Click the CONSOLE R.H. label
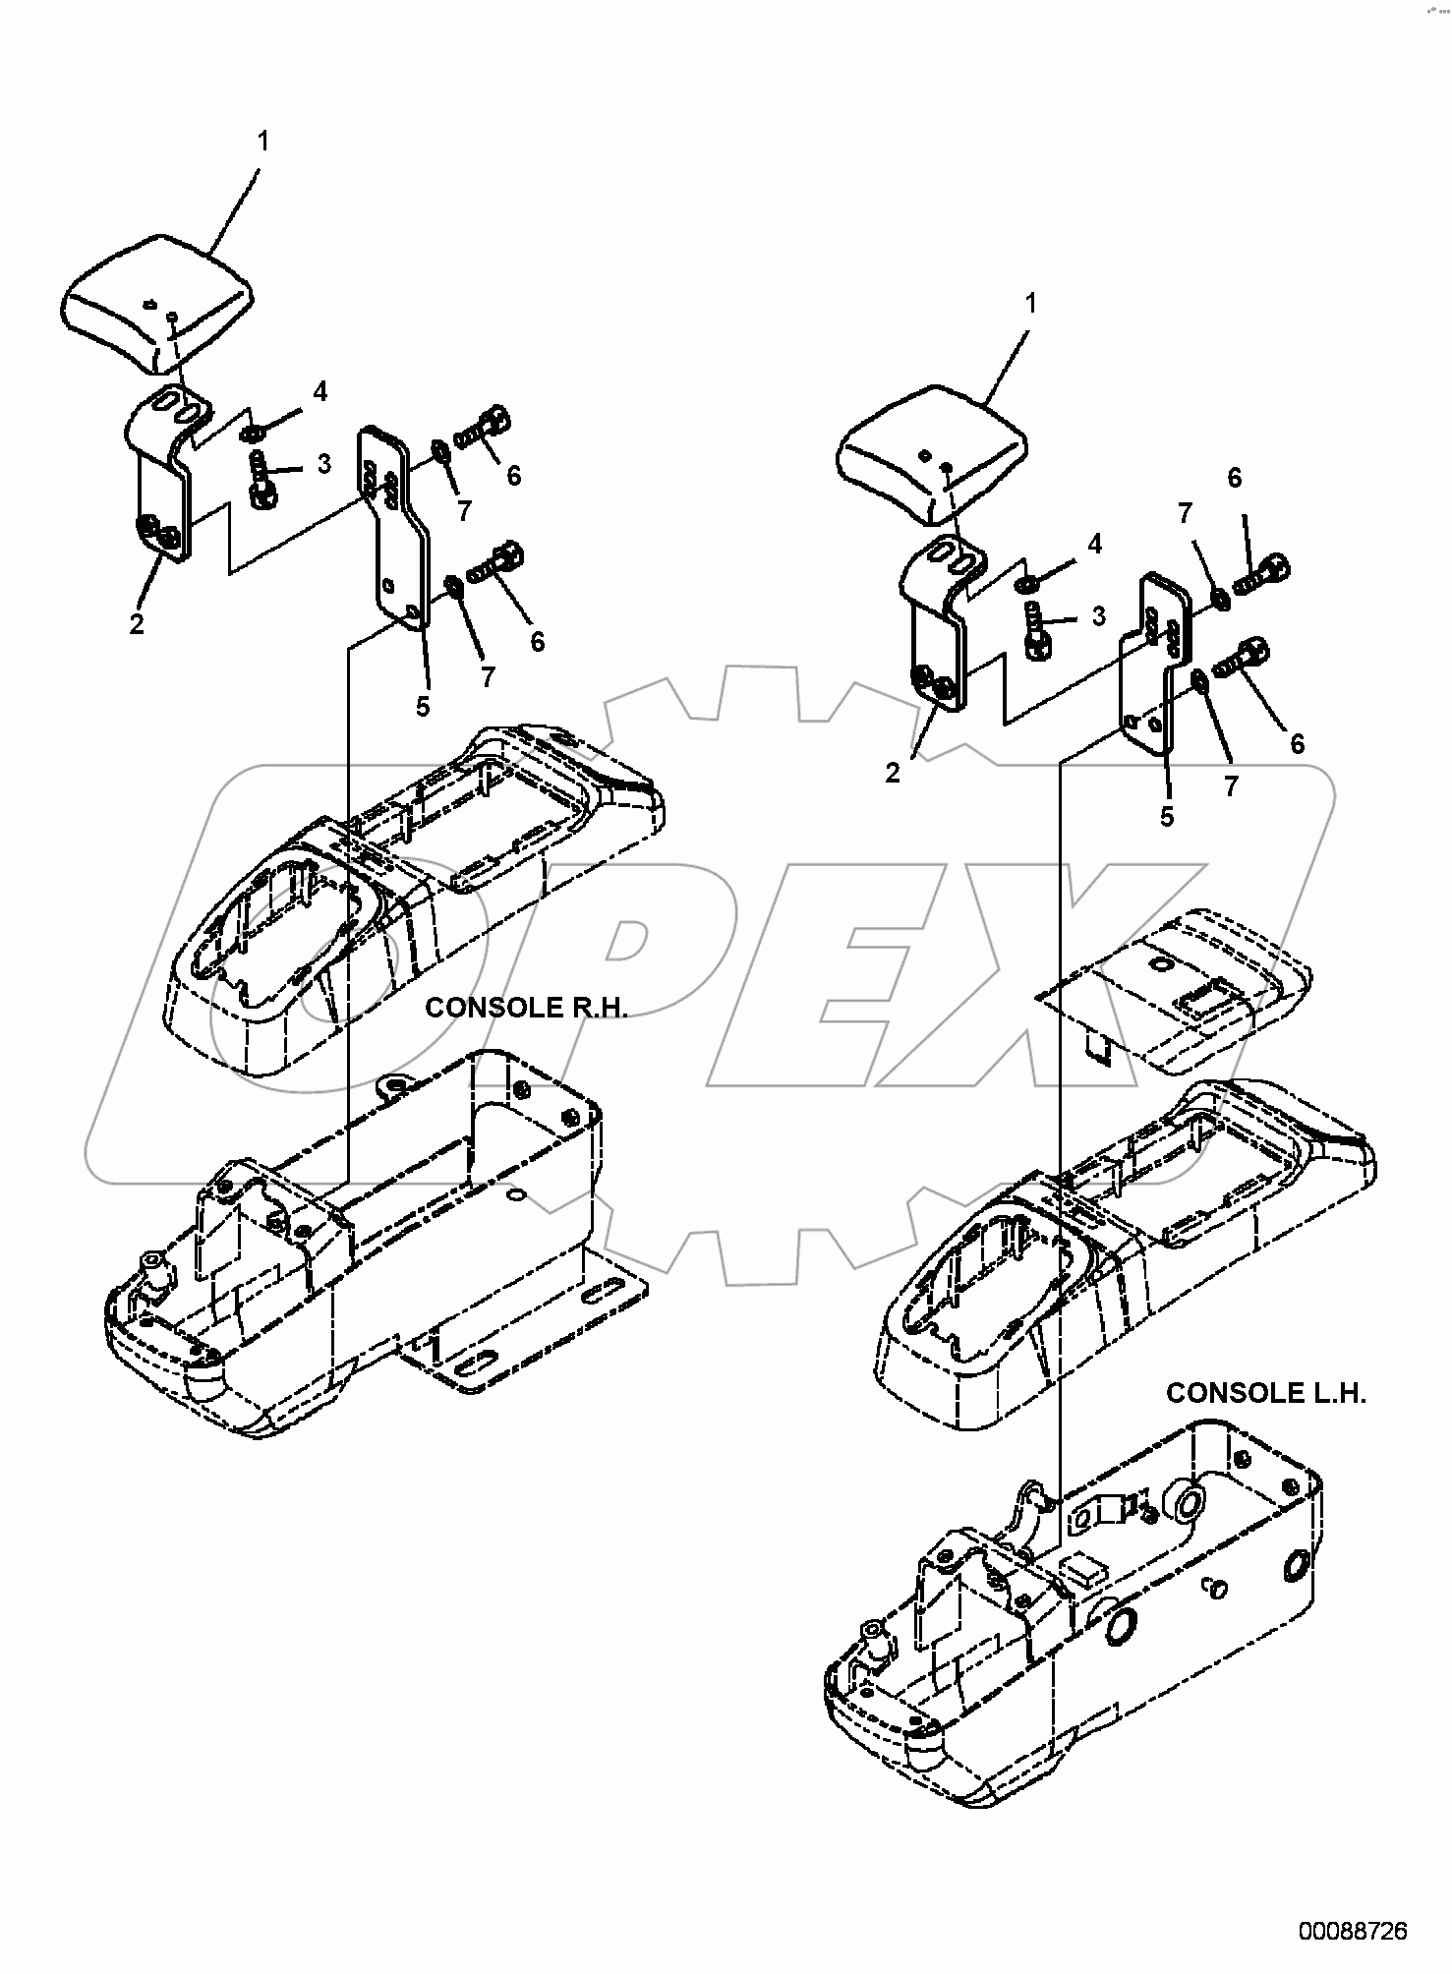point(526,1008)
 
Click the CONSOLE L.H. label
point(1265,1393)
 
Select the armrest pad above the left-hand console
point(930,462)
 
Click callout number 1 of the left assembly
point(262,142)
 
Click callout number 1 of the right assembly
point(1031,305)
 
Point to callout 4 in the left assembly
point(319,392)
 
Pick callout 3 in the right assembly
point(1098,616)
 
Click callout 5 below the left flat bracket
point(423,706)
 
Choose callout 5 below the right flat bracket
point(1167,817)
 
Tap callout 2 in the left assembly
point(137,623)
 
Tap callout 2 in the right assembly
point(892,774)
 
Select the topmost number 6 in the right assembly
point(1235,478)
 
